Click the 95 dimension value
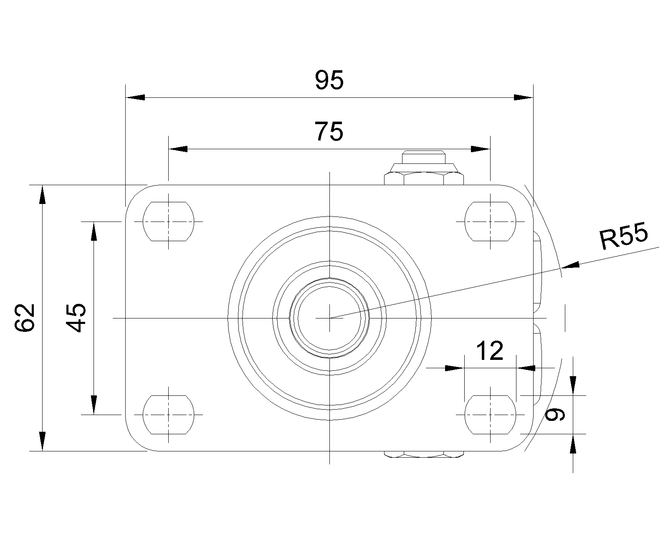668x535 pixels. pyautogui.click(x=329, y=80)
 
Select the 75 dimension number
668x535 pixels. pyautogui.click(x=329, y=132)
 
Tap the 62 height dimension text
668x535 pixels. pyautogui.click(x=25, y=318)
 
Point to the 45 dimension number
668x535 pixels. pyautogui.click(x=76, y=318)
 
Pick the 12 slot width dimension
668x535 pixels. pyautogui.click(x=489, y=351)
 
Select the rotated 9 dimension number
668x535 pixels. pyautogui.click(x=555, y=414)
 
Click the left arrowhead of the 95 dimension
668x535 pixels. pyautogui.click(x=135, y=97)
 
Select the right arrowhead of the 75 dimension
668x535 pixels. pyautogui.click(x=481, y=149)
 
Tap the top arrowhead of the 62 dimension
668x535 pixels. pyautogui.click(x=42, y=195)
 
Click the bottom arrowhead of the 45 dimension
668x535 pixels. pyautogui.click(x=94, y=405)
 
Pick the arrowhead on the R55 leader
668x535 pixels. pyautogui.click(x=571, y=265)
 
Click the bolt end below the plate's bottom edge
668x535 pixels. pyautogui.click(x=424, y=454)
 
